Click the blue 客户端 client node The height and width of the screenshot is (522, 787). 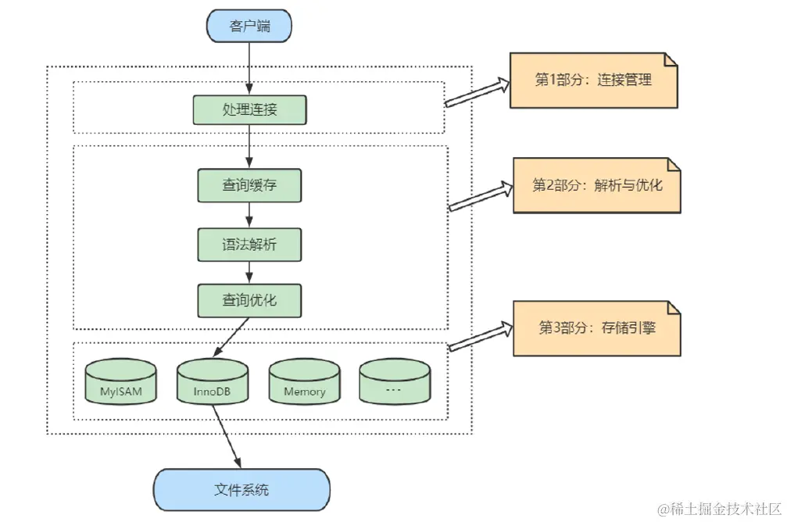tap(249, 26)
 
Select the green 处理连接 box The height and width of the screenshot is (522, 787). tap(249, 109)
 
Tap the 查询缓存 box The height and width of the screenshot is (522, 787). tap(249, 185)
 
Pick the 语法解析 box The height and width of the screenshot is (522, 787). tap(249, 245)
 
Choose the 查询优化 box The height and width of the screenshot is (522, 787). tap(249, 300)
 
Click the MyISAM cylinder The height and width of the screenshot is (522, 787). tap(120, 381)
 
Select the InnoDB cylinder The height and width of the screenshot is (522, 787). tap(213, 381)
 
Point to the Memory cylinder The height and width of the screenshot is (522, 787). tap(304, 381)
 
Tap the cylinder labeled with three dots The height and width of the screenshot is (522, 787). tap(395, 381)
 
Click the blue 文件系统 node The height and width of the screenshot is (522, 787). tap(241, 490)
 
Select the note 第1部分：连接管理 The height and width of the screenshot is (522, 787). tap(594, 80)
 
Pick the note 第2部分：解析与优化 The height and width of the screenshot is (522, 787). tap(597, 185)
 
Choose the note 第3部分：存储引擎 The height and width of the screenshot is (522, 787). tap(597, 328)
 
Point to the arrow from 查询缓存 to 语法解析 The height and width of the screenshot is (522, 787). tap(249, 215)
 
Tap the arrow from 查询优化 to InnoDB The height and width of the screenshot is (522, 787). tap(231, 338)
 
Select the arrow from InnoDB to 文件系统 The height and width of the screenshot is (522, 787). tap(227, 436)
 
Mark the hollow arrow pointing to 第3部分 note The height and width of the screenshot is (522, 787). tap(481, 336)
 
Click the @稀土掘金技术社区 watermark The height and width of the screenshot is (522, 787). tap(719, 509)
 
